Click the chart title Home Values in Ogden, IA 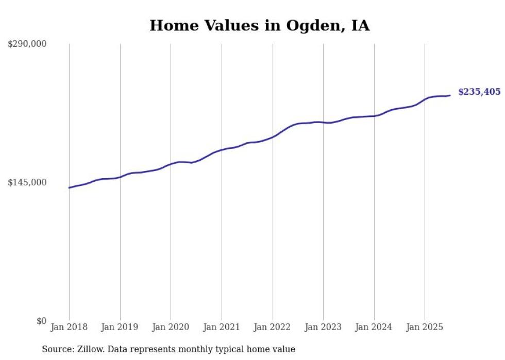pos(259,26)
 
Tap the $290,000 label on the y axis pos(27,44)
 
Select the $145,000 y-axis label pos(27,182)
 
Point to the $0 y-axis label pos(41,321)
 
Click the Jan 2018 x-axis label pos(69,327)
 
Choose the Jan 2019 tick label pos(120,327)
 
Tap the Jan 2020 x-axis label pos(171,327)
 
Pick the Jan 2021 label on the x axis pos(222,327)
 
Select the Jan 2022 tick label pos(273,327)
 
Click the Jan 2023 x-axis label pos(323,327)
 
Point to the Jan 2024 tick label pos(374,327)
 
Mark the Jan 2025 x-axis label pos(425,327)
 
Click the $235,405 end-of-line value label pos(479,92)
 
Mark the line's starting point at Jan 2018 pos(69,187)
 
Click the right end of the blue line pos(450,95)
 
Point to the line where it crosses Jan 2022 pos(273,137)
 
